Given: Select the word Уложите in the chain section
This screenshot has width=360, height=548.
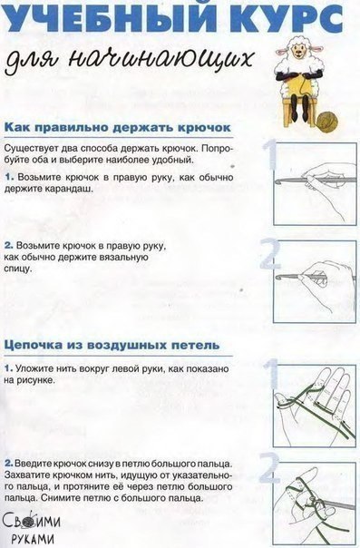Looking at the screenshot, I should click(35, 370).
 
